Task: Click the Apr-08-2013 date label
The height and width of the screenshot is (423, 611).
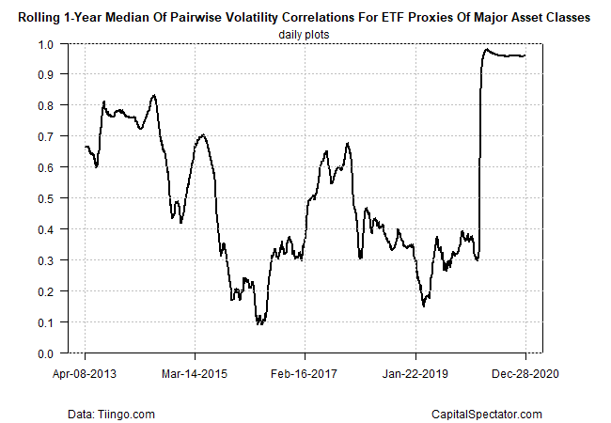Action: (x=86, y=373)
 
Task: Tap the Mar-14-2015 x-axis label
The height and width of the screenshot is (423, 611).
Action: (x=195, y=373)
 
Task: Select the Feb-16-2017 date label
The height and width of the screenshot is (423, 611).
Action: (x=305, y=373)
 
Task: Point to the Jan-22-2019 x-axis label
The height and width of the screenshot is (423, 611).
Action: (x=415, y=373)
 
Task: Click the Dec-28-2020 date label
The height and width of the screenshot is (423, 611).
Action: (x=525, y=373)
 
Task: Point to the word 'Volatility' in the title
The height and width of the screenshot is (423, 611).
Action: (x=243, y=17)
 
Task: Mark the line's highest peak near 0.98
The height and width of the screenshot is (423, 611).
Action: (x=486, y=50)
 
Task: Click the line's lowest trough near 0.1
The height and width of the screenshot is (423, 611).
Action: (x=259, y=323)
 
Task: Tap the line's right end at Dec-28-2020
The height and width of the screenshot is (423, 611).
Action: (x=525, y=55)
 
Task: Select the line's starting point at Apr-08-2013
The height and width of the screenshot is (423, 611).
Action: (x=86, y=147)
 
